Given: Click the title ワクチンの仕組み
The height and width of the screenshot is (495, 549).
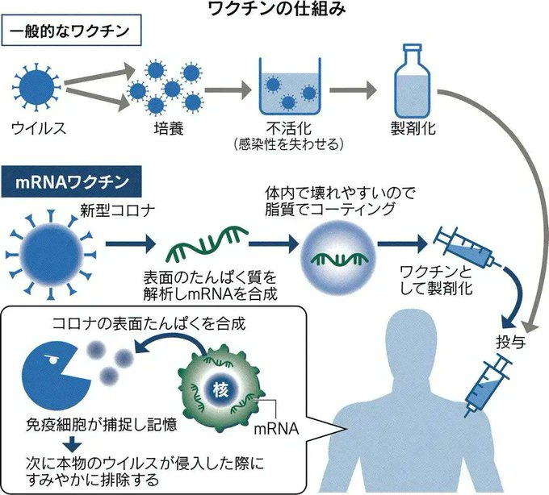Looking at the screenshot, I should pyautogui.click(x=274, y=10).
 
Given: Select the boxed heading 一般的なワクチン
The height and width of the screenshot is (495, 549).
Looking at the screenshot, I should pyautogui.click(x=70, y=35).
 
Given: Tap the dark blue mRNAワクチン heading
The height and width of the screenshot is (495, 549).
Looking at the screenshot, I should pyautogui.click(x=75, y=181).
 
